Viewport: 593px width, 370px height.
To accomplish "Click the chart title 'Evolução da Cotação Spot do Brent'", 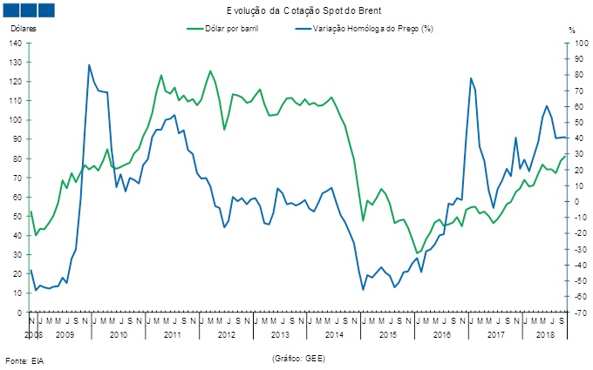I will pos(297,10).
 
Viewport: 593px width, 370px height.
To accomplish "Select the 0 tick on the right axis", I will pos(573,201).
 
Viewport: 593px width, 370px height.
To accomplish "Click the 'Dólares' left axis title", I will pos(24,29).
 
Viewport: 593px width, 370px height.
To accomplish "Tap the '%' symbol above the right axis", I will pos(572,30).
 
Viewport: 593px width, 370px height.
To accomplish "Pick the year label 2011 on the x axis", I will pos(171,334).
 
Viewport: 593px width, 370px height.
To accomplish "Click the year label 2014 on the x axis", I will pos(334,334).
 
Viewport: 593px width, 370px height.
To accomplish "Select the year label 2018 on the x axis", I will pos(546,334).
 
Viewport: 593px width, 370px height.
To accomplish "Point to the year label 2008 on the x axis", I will pos(33,334).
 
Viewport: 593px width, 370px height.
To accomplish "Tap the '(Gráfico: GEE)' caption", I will pos(300,358).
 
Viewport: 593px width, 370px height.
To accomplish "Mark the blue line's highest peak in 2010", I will pos(89,64).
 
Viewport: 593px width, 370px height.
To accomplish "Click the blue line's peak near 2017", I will pos(471,78).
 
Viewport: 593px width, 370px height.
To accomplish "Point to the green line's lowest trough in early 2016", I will pos(417,252).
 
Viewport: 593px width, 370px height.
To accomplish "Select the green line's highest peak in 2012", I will pos(210,71).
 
